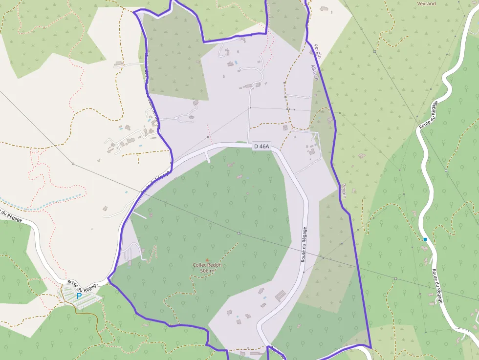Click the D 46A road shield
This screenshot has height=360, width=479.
(261, 146)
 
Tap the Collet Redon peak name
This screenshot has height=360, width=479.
(207, 265)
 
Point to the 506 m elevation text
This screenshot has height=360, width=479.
(207, 271)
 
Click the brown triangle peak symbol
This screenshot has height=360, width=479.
(207, 259)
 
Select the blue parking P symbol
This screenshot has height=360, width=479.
(79, 296)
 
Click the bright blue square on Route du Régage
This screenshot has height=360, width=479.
(425, 239)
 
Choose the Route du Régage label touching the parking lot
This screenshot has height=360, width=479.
(83, 286)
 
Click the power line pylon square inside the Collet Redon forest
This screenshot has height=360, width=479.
(239, 233)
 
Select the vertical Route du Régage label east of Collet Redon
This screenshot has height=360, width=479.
(304, 244)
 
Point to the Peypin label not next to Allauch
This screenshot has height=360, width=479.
(344, 190)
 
